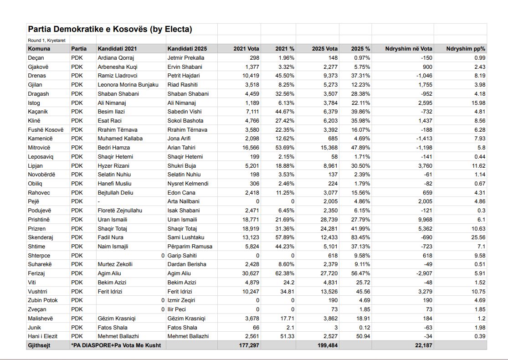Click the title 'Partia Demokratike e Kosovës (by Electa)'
110,29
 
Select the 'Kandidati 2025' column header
187,49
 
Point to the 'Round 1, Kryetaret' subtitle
46,40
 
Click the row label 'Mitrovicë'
39,148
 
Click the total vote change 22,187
421,345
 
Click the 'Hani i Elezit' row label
43,336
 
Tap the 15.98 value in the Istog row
478,103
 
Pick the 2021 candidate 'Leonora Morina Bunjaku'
128,85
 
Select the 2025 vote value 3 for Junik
336,327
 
